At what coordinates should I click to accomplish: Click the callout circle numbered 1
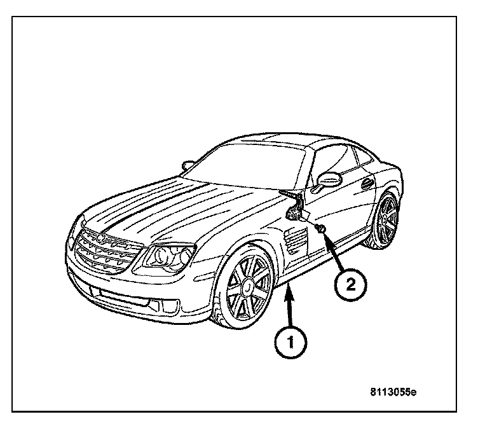point(290,341)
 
